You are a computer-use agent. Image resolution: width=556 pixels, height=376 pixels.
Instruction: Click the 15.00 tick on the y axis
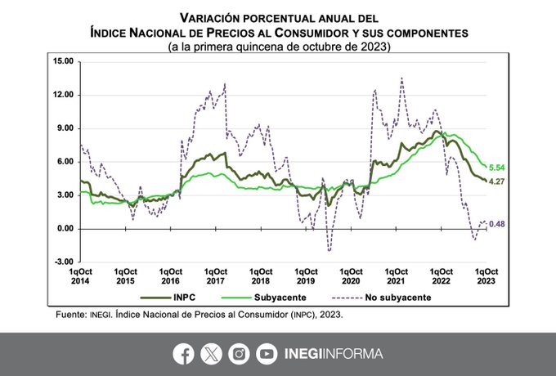(x=62, y=61)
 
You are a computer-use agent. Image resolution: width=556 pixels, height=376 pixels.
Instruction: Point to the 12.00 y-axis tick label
(x=62, y=95)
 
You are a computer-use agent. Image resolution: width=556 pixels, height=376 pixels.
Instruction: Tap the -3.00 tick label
(x=62, y=262)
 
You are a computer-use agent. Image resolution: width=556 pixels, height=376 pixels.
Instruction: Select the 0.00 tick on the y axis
(x=65, y=228)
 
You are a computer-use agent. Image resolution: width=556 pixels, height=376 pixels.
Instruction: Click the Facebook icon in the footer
(x=184, y=354)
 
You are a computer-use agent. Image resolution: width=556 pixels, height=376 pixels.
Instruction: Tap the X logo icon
(x=211, y=354)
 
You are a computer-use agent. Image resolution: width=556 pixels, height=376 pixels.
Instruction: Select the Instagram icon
(x=239, y=354)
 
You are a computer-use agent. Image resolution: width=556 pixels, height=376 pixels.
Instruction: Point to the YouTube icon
(x=267, y=354)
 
